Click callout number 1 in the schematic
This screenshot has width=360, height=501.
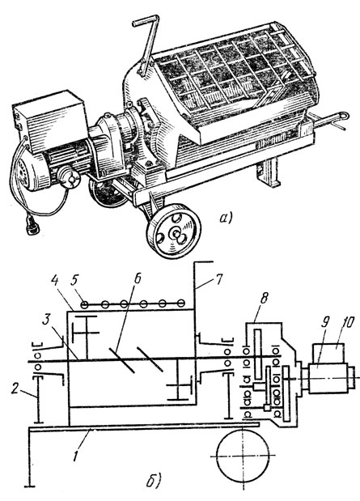[76, 454]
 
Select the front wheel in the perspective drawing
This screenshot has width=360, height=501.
[173, 231]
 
